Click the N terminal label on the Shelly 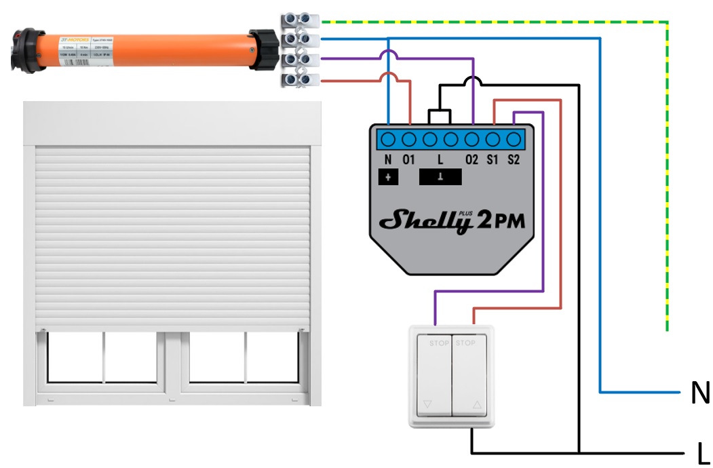click(x=387, y=161)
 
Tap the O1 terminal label click(x=408, y=161)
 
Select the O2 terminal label click(x=471, y=161)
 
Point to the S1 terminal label click(x=493, y=161)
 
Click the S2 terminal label click(x=514, y=161)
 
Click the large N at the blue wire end click(x=700, y=393)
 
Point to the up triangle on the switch click(x=476, y=406)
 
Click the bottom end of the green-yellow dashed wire click(x=668, y=329)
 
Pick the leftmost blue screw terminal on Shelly click(x=388, y=140)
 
